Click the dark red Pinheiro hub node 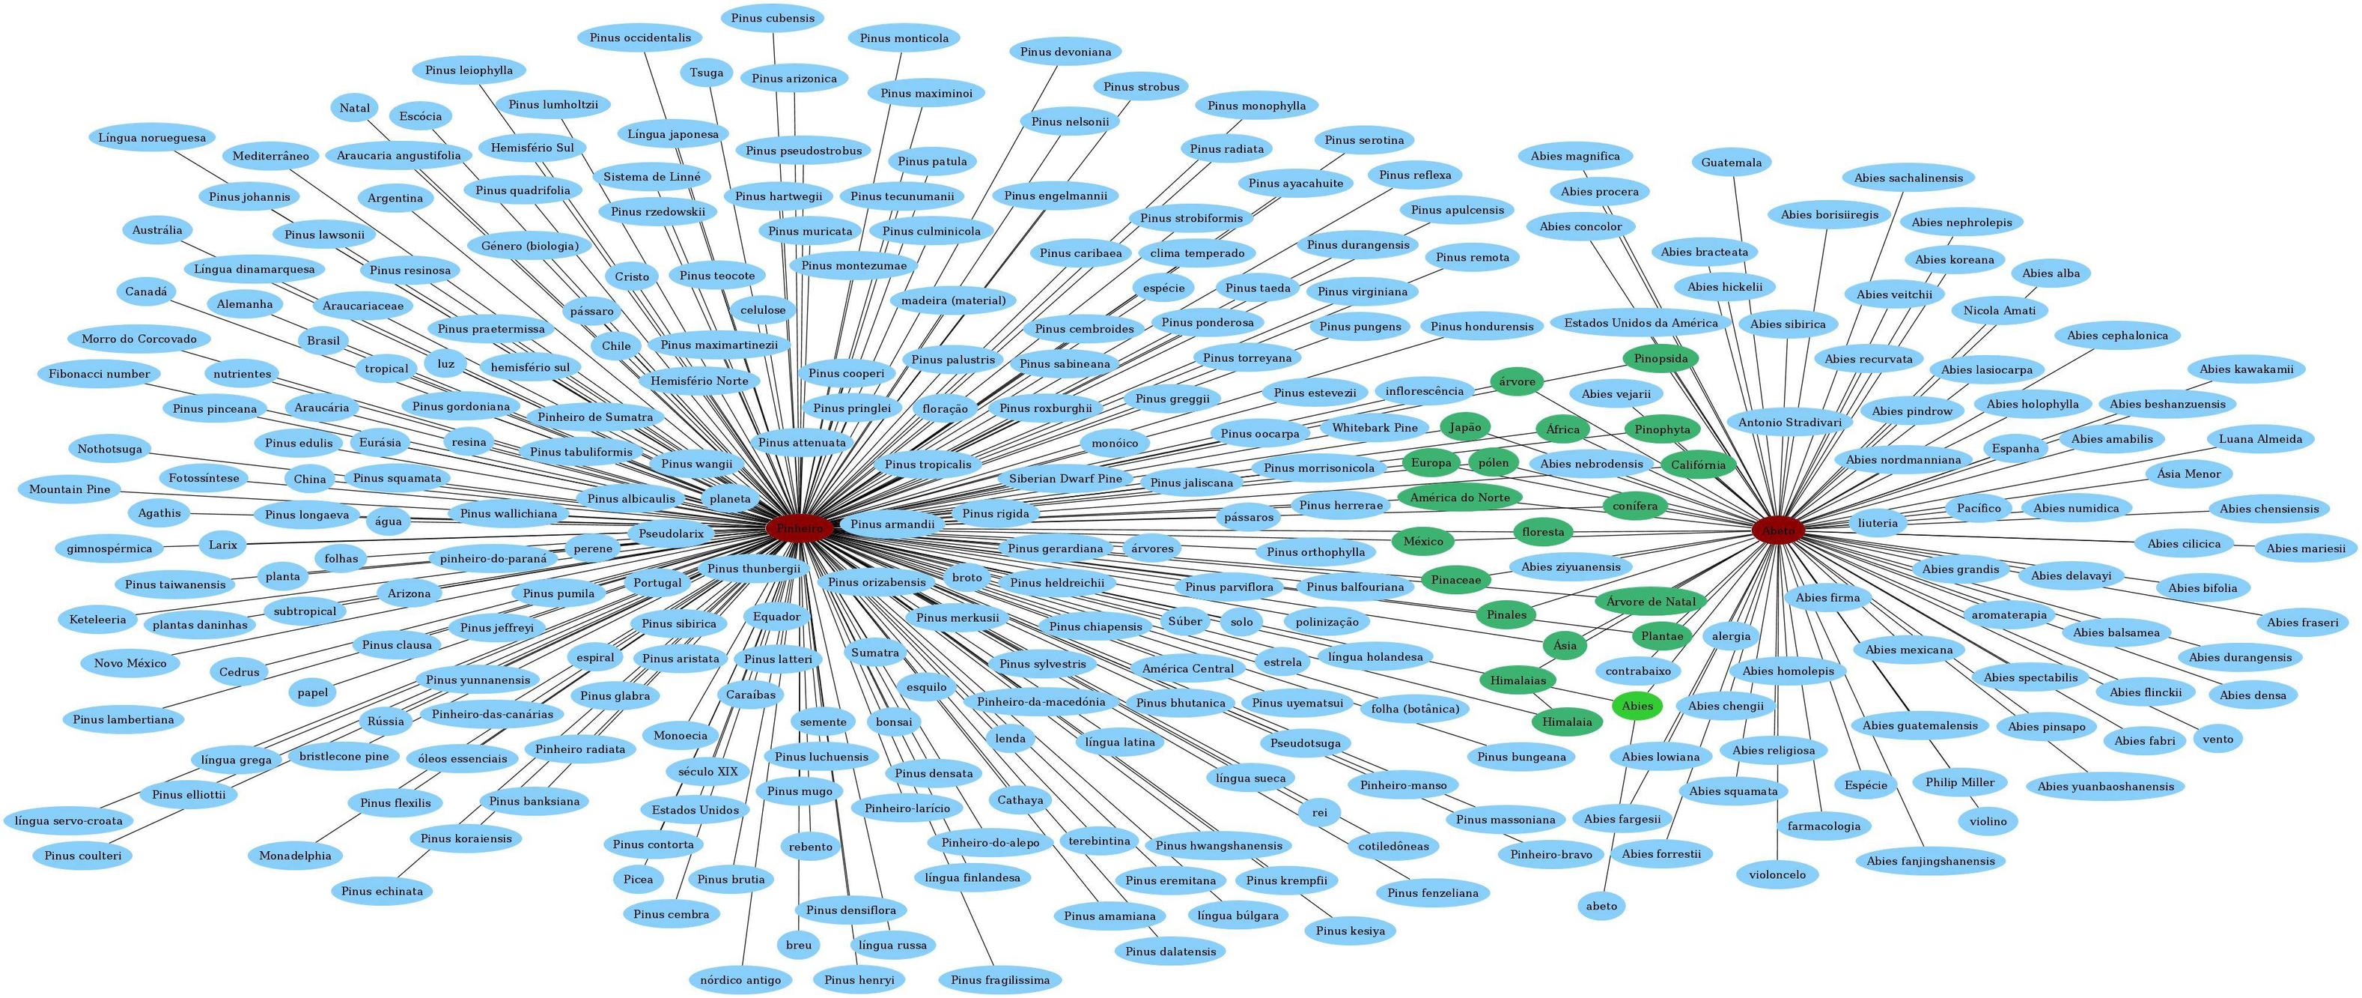coord(800,528)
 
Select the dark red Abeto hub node coord(1778,530)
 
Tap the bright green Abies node coord(1637,705)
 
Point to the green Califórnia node coord(1697,465)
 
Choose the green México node coord(1423,541)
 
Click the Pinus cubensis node coord(772,18)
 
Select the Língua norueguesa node coord(152,138)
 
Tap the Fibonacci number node coord(99,375)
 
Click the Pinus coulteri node coord(82,856)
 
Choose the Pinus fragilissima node coord(999,980)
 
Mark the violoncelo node coord(1776,875)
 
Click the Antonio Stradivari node coord(1790,423)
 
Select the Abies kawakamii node coord(2245,369)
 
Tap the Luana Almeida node coord(2260,438)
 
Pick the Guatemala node coord(1731,163)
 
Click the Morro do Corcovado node coord(139,339)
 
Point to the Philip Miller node coord(1959,782)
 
